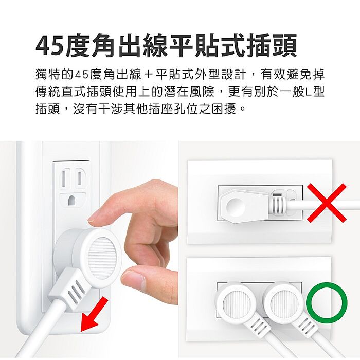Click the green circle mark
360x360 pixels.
(x=327, y=302)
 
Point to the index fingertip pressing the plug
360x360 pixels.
(x=96, y=216)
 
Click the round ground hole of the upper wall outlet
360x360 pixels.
(x=72, y=199)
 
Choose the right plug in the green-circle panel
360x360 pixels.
(x=284, y=303)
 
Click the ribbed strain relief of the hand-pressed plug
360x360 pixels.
(x=76, y=293)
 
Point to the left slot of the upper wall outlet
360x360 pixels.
(x=63, y=177)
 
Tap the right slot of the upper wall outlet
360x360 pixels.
(x=80, y=177)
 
